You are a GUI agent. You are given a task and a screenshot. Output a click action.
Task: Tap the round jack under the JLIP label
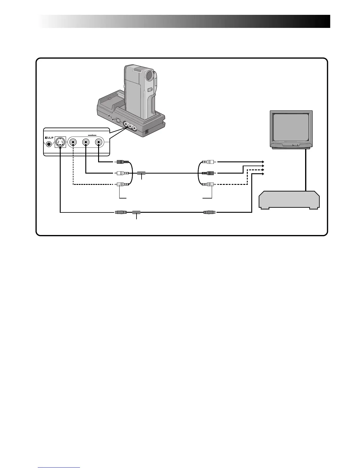click(x=47, y=145)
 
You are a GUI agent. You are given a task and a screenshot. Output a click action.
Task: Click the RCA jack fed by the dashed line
click(x=73, y=142)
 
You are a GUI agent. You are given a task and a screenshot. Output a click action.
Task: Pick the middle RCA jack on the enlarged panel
click(x=86, y=142)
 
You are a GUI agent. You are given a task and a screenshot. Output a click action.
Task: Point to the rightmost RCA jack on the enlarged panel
click(x=98, y=142)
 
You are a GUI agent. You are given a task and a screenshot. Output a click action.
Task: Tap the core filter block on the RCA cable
click(x=141, y=173)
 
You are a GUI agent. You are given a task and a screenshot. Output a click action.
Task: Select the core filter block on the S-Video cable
click(x=136, y=212)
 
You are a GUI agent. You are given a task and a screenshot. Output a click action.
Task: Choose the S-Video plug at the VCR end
click(x=208, y=212)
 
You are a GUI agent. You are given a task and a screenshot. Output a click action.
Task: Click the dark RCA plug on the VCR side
click(x=208, y=173)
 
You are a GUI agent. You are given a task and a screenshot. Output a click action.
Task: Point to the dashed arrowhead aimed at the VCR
click(x=263, y=170)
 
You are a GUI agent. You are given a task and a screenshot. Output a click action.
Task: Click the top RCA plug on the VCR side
click(x=208, y=162)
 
